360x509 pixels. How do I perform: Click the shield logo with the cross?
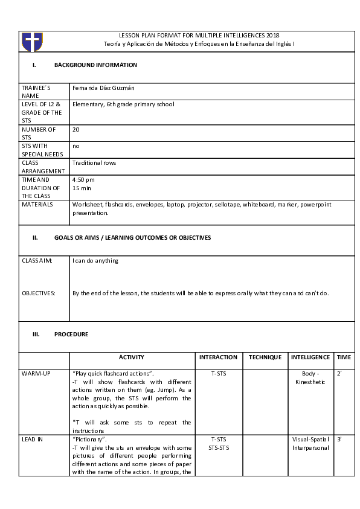pos(32,42)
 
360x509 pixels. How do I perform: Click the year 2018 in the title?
pos(272,36)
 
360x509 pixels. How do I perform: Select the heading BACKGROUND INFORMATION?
pos(95,65)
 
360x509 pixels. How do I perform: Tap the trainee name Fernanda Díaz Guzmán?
pos(103,88)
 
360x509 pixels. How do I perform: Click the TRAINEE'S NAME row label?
pos(34,92)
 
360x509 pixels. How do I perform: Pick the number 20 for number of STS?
pos(76,129)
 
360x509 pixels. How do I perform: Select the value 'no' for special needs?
pos(76,146)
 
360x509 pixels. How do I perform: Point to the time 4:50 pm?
pos(83,180)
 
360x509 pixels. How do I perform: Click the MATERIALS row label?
pos(37,205)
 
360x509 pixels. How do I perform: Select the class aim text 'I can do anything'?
pos(95,261)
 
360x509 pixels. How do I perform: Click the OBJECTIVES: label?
pos(39,293)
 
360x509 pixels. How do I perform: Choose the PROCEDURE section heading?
pos(71,335)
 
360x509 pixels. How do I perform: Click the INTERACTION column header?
pos(219,357)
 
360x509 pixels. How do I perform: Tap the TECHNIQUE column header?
pos(265,357)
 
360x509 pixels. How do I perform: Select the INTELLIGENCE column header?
pos(310,357)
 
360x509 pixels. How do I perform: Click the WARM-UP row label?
pos(36,374)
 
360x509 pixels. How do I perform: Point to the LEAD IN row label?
pos(33,440)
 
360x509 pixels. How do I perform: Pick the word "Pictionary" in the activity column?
pos(89,440)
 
